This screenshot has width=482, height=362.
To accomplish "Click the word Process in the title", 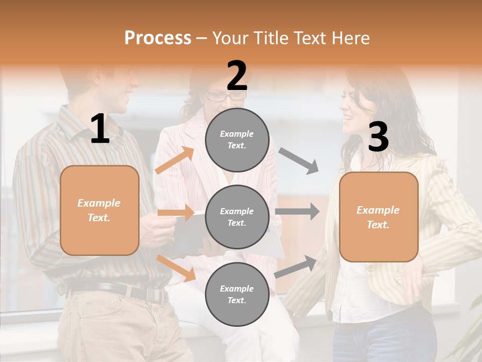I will click(x=158, y=38).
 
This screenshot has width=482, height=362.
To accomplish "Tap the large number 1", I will click(x=100, y=129).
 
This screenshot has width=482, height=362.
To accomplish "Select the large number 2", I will click(x=237, y=75).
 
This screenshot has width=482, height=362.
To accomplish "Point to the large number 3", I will click(x=378, y=137).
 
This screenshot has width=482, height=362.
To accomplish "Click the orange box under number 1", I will click(x=99, y=210).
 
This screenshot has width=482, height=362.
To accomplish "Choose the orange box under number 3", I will click(x=379, y=217).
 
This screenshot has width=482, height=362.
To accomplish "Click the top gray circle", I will click(x=237, y=140).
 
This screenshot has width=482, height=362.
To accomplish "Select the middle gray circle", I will click(x=237, y=217).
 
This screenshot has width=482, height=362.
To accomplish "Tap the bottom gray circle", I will click(x=237, y=294).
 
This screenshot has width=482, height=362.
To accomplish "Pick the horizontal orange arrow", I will click(x=176, y=213).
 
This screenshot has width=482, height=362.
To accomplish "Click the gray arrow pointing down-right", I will click(x=299, y=161).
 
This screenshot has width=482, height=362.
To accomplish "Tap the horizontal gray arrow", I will click(x=297, y=212).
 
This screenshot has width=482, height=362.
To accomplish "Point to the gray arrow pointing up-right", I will click(x=296, y=266).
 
